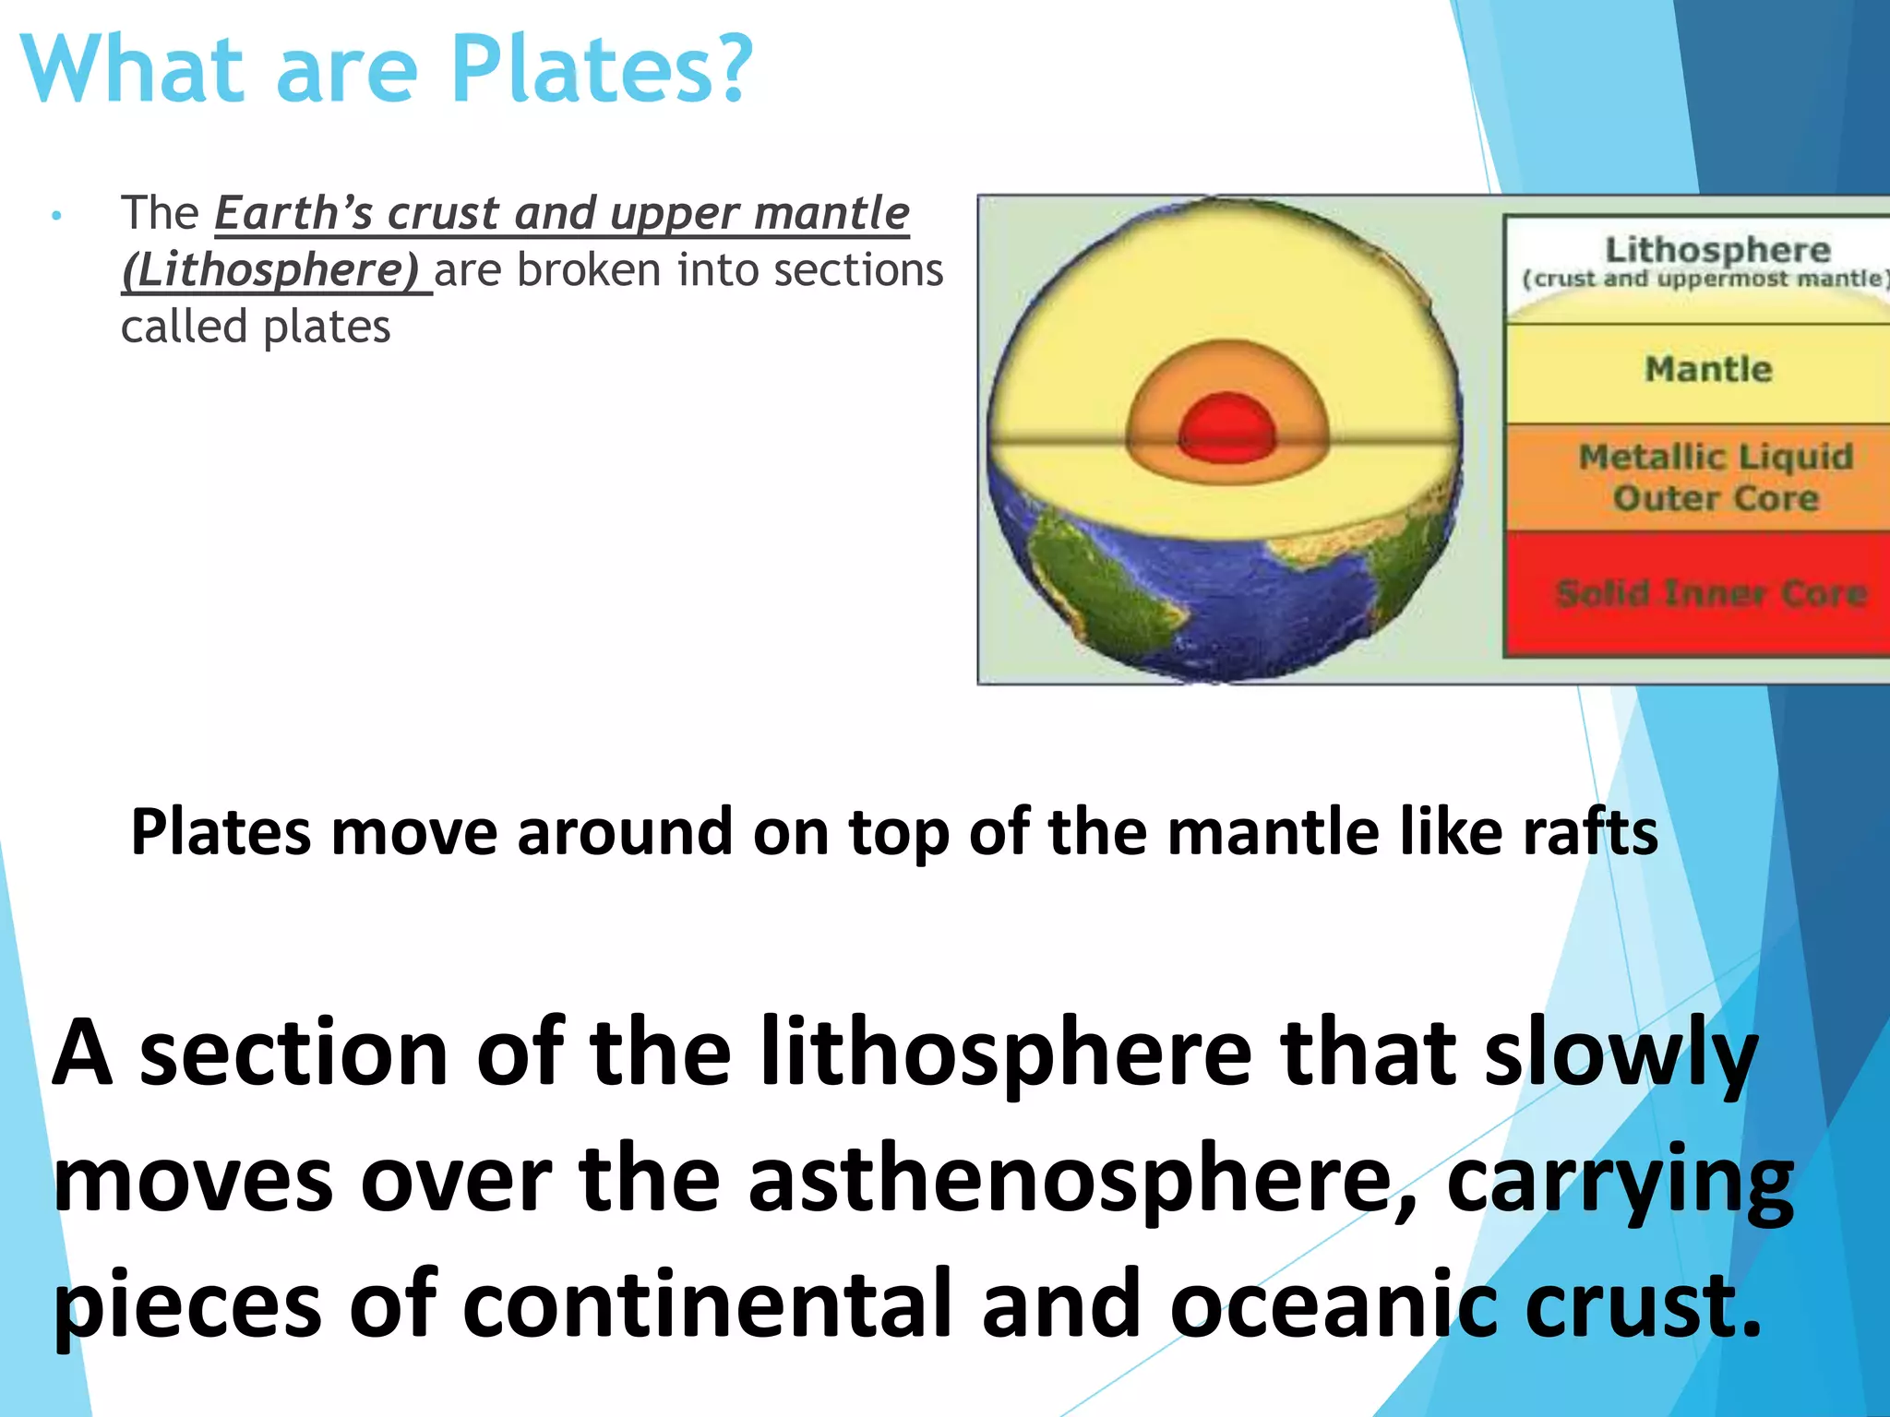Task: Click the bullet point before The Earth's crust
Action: pyautogui.click(x=57, y=217)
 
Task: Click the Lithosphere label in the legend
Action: pyautogui.click(x=1717, y=250)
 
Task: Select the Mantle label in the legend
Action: pyautogui.click(x=1708, y=369)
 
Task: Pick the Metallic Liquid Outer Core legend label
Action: pyautogui.click(x=1716, y=477)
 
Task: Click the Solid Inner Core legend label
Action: pyautogui.click(x=1711, y=593)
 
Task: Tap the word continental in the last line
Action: pyautogui.click(x=706, y=1304)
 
